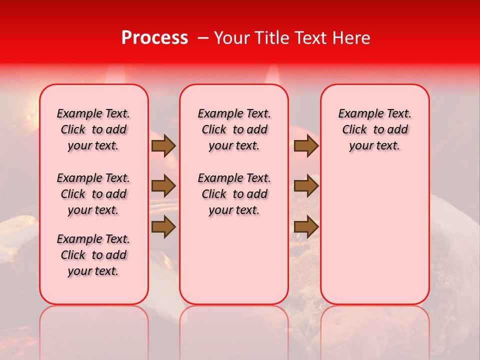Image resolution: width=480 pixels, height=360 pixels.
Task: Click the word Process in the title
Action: pyautogui.click(x=154, y=38)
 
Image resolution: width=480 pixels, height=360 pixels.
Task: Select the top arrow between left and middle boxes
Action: pyautogui.click(x=163, y=146)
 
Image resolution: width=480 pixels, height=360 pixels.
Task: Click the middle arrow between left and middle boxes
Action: pyautogui.click(x=163, y=186)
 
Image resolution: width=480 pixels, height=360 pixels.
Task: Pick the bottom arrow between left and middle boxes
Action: pyautogui.click(x=163, y=226)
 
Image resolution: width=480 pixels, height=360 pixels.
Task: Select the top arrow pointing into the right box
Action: pyautogui.click(x=306, y=146)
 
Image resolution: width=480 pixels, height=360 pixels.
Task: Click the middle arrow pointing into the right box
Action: pyautogui.click(x=306, y=186)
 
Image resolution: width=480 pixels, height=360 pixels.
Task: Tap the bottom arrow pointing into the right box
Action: pyautogui.click(x=306, y=226)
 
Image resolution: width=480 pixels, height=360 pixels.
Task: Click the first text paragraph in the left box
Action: pyautogui.click(x=93, y=129)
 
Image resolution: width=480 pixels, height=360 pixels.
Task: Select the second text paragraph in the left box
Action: pyautogui.click(x=93, y=194)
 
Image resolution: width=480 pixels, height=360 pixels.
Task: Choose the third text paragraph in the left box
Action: pyautogui.click(x=93, y=255)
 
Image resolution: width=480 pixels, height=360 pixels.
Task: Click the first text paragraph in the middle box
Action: pyautogui.click(x=234, y=129)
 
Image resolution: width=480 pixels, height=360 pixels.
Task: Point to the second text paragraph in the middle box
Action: pyautogui.click(x=234, y=194)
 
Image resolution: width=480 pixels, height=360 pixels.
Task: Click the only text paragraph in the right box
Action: pyautogui.click(x=374, y=129)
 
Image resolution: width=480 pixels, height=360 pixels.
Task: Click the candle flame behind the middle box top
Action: pyautogui.click(x=272, y=75)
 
